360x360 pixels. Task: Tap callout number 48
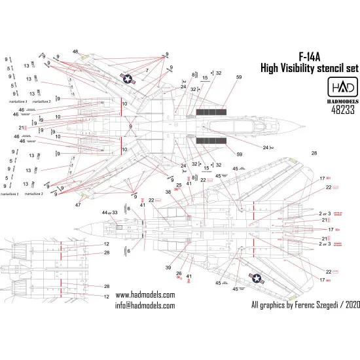pyautogui.click(x=76, y=52)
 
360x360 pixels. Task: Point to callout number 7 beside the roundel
pyautogui.click(x=147, y=69)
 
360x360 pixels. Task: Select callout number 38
pyautogui.click(x=168, y=192)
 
